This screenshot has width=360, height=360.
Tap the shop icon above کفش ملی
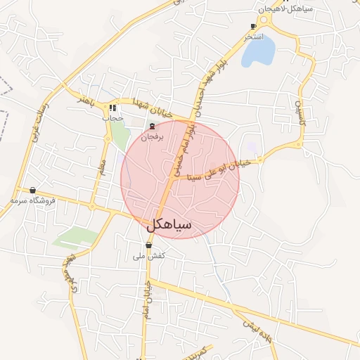click(148, 245)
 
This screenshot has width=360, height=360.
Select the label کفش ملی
click(148, 256)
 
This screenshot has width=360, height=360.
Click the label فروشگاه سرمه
click(33, 200)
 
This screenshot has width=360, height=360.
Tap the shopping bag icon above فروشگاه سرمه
click(33, 190)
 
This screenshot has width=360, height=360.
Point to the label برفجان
click(153, 137)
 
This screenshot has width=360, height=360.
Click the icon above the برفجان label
click(153, 127)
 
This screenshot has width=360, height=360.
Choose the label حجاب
click(112, 118)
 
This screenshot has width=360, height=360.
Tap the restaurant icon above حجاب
click(112, 108)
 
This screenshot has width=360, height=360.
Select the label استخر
click(253, 36)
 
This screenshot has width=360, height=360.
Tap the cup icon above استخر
click(254, 26)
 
